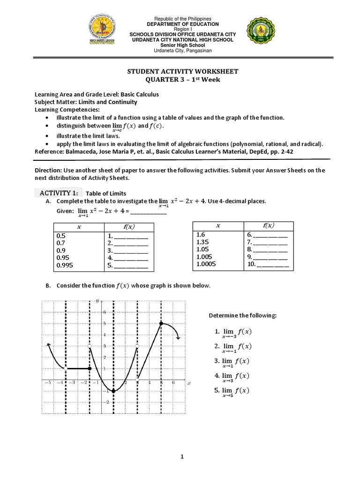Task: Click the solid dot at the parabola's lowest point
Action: (x=113, y=391)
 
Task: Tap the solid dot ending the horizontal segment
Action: (x=90, y=368)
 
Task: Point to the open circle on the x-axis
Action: (x=137, y=380)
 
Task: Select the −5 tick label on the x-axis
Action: (x=47, y=383)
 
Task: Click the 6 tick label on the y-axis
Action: (x=104, y=312)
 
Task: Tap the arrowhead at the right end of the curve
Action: (x=178, y=336)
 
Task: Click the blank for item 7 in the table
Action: (x=270, y=242)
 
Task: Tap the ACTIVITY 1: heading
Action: (x=59, y=193)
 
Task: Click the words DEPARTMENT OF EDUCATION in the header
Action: (x=183, y=24)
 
